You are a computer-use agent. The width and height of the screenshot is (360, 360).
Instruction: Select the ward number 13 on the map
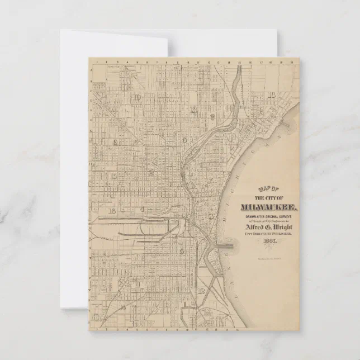(193, 110)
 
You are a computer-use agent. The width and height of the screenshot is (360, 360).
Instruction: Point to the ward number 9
(184, 140)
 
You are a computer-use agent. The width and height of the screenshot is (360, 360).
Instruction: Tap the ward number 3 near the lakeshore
(211, 216)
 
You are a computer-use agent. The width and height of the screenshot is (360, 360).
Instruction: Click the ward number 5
(182, 251)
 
